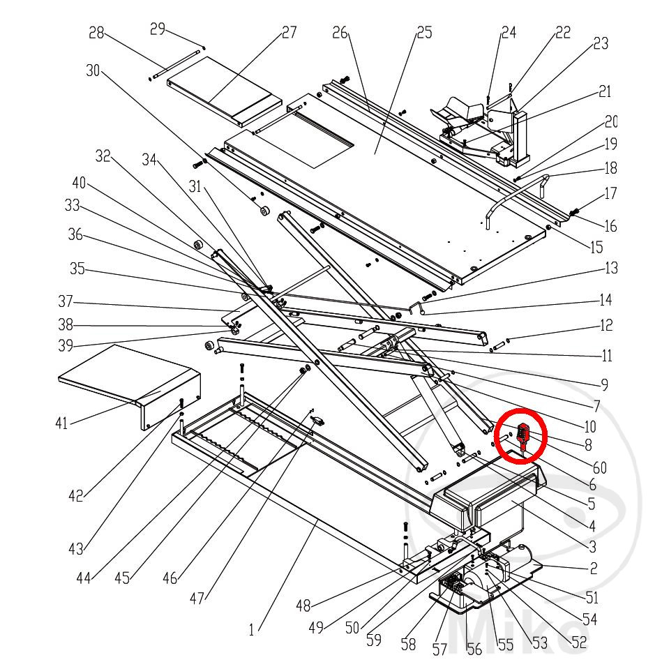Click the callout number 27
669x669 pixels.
pyautogui.click(x=288, y=32)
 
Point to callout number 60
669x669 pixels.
pyautogui.click(x=599, y=467)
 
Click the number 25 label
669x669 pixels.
pyautogui.click(x=423, y=32)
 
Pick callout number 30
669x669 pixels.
pyautogui.click(x=93, y=70)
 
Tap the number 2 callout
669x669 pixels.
pyautogui.click(x=593, y=569)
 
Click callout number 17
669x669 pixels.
pyautogui.click(x=610, y=194)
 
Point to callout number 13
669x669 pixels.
pyautogui.click(x=611, y=268)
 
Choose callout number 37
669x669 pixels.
pyautogui.click(x=66, y=302)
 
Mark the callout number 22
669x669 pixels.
pyautogui.click(x=562, y=32)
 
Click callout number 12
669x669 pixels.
pyautogui.click(x=606, y=324)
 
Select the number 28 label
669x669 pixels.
pyautogui.click(x=96, y=32)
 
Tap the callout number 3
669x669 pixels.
pyautogui.click(x=592, y=546)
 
